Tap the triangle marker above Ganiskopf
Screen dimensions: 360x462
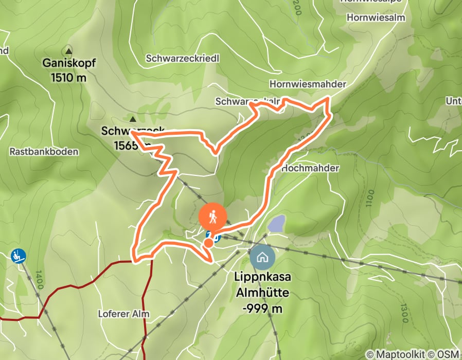click(x=68, y=50)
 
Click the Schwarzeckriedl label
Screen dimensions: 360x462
click(x=183, y=59)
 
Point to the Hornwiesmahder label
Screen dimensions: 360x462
click(x=308, y=84)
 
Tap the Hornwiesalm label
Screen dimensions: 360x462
click(x=376, y=17)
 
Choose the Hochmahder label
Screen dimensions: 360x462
click(x=310, y=168)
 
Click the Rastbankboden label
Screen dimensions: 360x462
click(x=44, y=152)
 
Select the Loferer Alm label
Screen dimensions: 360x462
click(x=123, y=313)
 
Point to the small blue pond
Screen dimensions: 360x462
click(x=276, y=224)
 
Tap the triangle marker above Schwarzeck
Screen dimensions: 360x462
click(x=133, y=118)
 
